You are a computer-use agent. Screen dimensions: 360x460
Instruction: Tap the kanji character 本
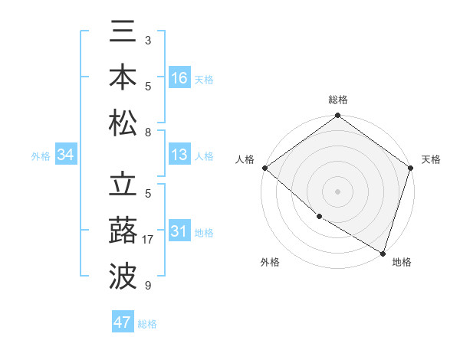point(123,77)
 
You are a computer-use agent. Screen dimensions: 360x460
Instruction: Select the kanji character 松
point(123,123)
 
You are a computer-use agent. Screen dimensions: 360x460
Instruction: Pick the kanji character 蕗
point(123,231)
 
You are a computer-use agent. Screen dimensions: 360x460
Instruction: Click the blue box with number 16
point(179,78)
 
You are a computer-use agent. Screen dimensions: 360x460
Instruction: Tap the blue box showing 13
point(179,155)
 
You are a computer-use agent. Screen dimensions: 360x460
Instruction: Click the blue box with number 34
point(66,155)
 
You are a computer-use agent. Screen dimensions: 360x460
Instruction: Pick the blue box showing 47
point(123,322)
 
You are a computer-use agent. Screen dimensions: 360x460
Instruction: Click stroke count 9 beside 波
point(148,286)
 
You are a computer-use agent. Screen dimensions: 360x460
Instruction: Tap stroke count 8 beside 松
point(148,133)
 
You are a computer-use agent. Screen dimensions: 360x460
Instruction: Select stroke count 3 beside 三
point(148,40)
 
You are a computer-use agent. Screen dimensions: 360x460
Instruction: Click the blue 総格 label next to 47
point(147,324)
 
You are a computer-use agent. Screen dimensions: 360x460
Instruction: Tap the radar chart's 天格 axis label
point(432,159)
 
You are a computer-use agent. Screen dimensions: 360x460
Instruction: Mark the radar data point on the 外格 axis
point(319,216)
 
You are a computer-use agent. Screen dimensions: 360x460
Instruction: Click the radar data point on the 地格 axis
point(383,253)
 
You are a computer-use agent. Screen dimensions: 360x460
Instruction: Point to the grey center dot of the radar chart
point(337,191)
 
